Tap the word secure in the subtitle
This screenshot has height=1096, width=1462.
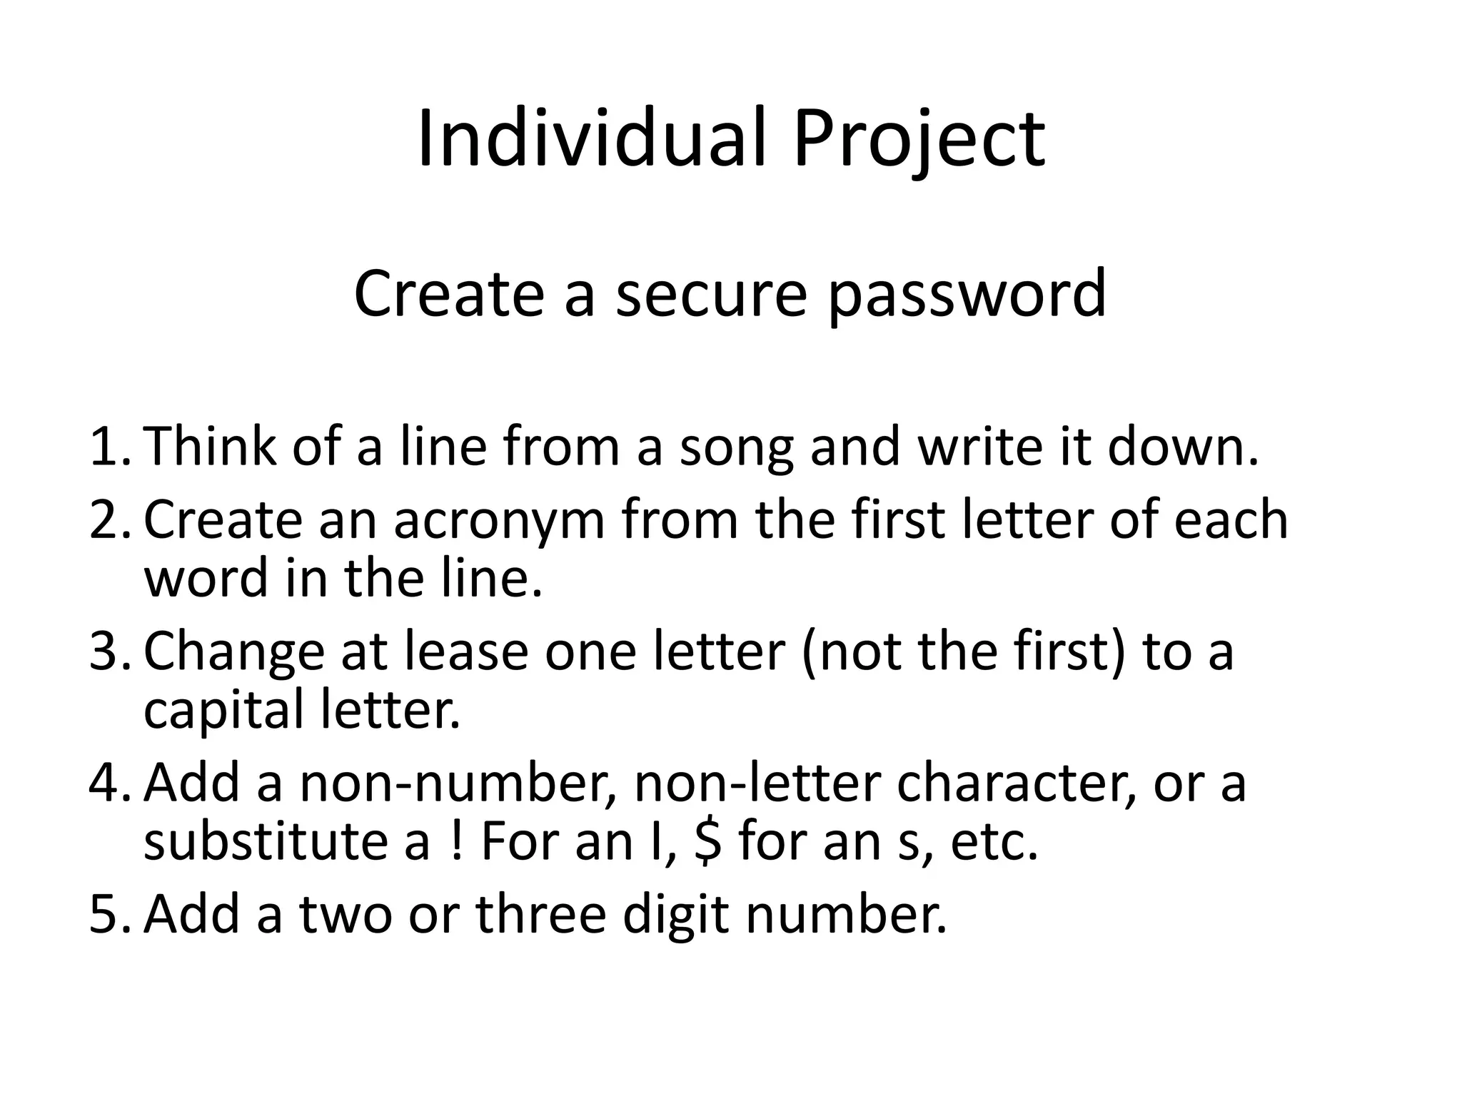[710, 293]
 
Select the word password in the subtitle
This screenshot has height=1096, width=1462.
[967, 295]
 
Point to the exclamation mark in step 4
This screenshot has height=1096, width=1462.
[456, 843]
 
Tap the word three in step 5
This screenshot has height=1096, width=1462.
[540, 915]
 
